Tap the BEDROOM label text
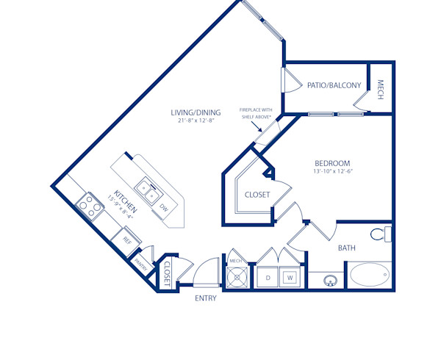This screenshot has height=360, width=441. click(332, 163)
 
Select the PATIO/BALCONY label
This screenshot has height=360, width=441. click(334, 86)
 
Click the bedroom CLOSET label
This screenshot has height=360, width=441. click(257, 195)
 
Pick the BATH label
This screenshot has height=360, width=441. click(347, 248)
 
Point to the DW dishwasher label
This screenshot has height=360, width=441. click(163, 209)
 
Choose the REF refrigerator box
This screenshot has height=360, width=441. click(127, 240)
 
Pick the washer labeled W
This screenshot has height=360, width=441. click(290, 278)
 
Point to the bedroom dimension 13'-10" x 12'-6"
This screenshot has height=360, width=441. click(332, 172)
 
